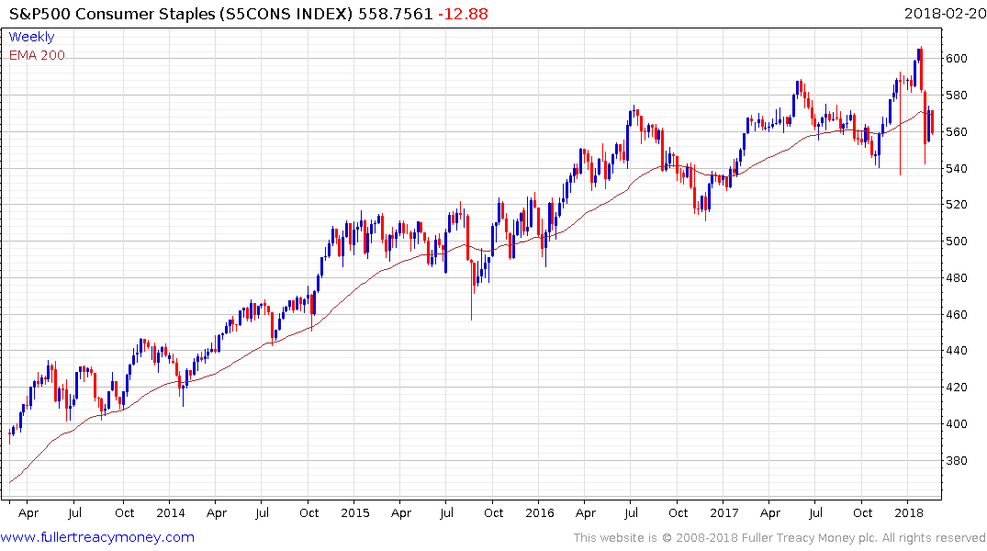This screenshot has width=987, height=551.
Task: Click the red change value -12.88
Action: (465, 14)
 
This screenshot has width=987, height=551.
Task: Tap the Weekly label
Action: (31, 38)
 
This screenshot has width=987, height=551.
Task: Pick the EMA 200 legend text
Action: (37, 55)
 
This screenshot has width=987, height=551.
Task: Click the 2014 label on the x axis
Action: (171, 512)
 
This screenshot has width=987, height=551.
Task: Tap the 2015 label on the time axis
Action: (355, 512)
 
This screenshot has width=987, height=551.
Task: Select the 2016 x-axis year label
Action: (540, 512)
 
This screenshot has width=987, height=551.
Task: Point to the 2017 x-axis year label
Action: (724, 512)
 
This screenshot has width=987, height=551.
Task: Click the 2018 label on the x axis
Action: (909, 512)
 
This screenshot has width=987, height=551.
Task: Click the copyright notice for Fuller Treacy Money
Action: (780, 538)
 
